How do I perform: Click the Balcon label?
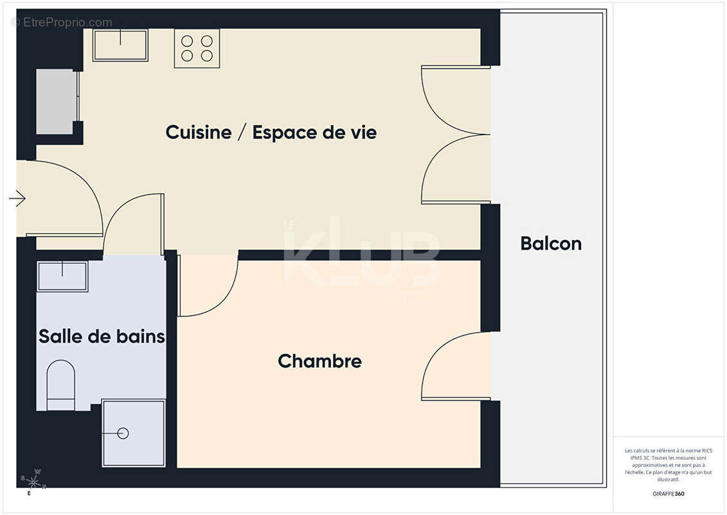pyautogui.click(x=551, y=244)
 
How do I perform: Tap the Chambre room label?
pyautogui.click(x=319, y=361)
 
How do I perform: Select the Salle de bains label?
pyautogui.click(x=102, y=336)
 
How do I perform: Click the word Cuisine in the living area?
pyautogui.click(x=198, y=133)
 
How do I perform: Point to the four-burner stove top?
pyautogui.click(x=197, y=48)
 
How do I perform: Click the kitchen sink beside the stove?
pyautogui.click(x=120, y=44)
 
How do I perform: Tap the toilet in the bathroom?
pyautogui.click(x=61, y=385)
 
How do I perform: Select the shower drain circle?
pyautogui.click(x=123, y=433)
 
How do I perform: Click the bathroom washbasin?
pyautogui.click(x=62, y=276)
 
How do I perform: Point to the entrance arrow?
pyautogui.click(x=17, y=199)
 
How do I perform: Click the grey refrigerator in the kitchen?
pyautogui.click(x=56, y=102)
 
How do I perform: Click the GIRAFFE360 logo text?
pyautogui.click(x=669, y=494)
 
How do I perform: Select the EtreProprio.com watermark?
pyautogui.click(x=62, y=23)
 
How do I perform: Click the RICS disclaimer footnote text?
pyautogui.click(x=669, y=465)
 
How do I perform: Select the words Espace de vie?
pyautogui.click(x=314, y=133)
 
